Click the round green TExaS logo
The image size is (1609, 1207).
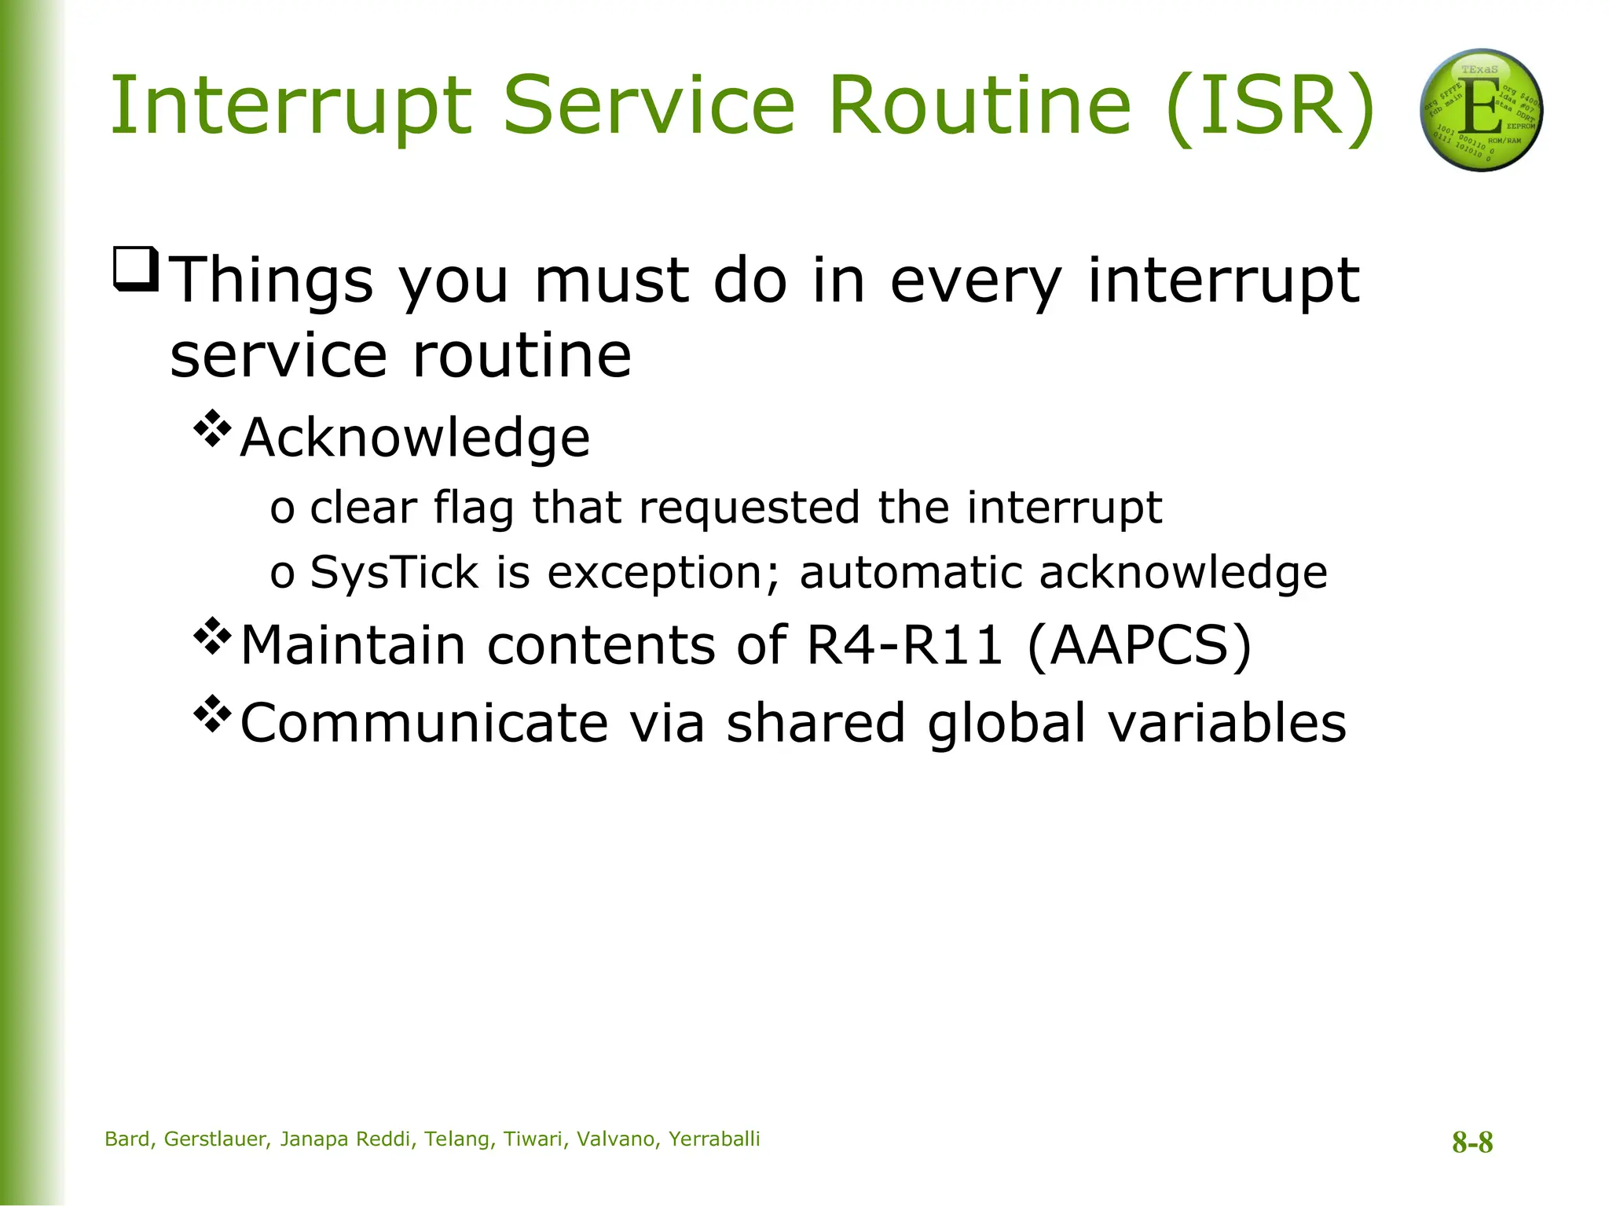pos(1481,110)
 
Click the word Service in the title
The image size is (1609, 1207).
pos(649,105)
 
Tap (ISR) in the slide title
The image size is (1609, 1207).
pos(1270,107)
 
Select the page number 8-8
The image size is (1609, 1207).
pos(1472,1142)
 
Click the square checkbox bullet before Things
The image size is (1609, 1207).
pos(137,270)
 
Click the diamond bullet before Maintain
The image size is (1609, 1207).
pos(212,637)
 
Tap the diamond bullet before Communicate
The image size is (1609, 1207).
pos(212,714)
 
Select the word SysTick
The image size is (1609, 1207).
pos(394,572)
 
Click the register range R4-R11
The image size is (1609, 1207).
pos(904,645)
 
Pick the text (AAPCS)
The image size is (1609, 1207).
pos(1139,645)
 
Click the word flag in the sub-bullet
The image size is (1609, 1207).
pos(473,508)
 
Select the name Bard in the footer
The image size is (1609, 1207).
pos(128,1139)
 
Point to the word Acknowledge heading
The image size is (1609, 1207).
pos(415,438)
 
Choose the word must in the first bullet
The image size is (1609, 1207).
pos(611,281)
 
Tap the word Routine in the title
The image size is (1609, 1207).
pos(980,105)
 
